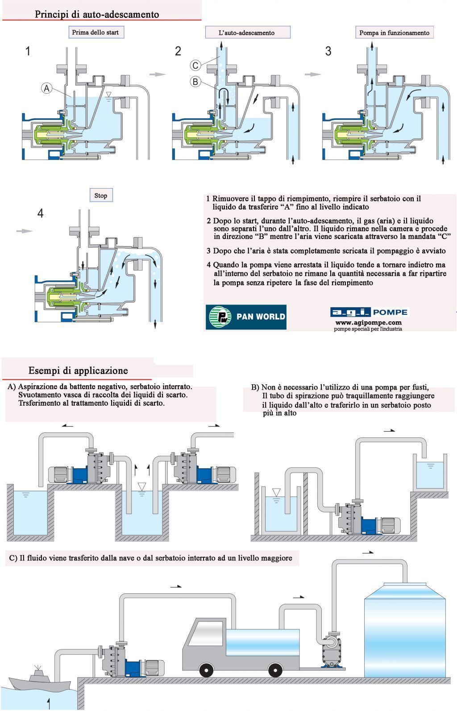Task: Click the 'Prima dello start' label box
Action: (x=96, y=33)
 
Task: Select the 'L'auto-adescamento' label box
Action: (x=247, y=33)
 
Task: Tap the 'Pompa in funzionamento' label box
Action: (x=395, y=33)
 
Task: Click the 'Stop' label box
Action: (x=101, y=195)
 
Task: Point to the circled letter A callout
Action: (x=47, y=88)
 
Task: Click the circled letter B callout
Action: (x=195, y=82)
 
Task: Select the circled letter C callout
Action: (x=195, y=65)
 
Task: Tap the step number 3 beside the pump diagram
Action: (x=328, y=51)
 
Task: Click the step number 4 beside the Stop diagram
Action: (x=40, y=214)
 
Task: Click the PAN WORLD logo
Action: (x=246, y=316)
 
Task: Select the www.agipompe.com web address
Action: (x=368, y=322)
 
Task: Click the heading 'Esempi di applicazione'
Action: (x=78, y=370)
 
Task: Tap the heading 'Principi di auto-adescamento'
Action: (x=97, y=14)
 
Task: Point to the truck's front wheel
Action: (x=206, y=670)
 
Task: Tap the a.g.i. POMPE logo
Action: (x=369, y=312)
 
